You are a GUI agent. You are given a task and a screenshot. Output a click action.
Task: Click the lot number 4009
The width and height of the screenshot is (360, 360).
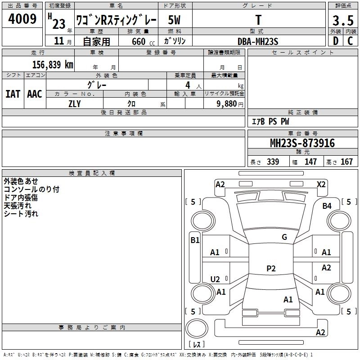[22, 18]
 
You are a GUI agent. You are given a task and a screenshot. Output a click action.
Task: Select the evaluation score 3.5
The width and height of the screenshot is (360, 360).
[343, 20]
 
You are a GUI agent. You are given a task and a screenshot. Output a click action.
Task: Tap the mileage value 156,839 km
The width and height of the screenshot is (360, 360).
[53, 65]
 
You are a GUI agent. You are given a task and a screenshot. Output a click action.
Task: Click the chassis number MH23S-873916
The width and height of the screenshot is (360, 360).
[302, 143]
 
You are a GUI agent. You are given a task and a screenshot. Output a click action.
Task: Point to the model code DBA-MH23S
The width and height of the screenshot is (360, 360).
[258, 41]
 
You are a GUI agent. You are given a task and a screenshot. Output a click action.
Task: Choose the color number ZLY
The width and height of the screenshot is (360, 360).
[75, 104]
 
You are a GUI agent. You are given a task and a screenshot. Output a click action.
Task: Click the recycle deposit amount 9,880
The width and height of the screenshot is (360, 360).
[227, 104]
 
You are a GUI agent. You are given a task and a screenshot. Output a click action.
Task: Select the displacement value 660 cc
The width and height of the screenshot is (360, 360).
[144, 42]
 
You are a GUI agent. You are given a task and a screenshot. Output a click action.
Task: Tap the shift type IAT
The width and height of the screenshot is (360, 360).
[13, 94]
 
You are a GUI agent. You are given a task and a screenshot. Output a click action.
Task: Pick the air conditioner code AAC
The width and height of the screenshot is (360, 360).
[35, 94]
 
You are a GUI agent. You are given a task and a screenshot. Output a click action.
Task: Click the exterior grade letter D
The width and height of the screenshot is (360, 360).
[336, 41]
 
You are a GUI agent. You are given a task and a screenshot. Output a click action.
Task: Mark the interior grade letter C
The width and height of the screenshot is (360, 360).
[350, 41]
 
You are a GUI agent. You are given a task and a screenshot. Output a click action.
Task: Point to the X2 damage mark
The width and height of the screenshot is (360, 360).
[321, 184]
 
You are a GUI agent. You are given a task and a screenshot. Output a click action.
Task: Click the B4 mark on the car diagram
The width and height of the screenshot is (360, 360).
[327, 206]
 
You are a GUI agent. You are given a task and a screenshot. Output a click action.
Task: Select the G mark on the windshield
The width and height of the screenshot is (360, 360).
[284, 237]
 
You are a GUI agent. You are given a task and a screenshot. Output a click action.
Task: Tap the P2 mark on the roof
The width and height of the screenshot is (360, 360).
[271, 268]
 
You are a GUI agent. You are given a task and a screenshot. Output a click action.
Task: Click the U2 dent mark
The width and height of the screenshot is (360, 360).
[215, 279]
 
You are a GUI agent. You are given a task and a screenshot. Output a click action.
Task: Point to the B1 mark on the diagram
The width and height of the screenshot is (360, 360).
[195, 240]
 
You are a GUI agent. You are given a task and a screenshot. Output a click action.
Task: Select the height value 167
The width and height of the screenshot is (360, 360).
[346, 162]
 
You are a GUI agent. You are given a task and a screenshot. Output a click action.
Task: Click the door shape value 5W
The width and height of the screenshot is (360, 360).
[174, 20]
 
